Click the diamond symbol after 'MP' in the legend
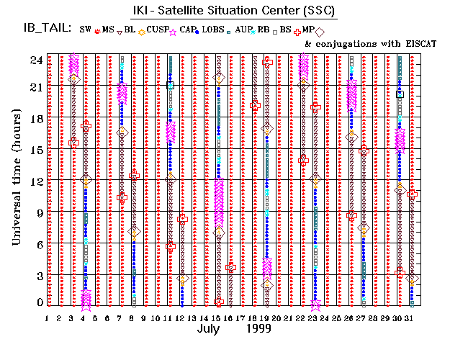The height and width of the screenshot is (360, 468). click(x=320, y=31)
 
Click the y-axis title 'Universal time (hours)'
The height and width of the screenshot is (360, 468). click(x=15, y=179)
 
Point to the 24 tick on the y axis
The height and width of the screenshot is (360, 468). click(x=33, y=60)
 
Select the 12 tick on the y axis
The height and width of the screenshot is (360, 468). click(x=33, y=181)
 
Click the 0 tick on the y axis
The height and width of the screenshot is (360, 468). click(x=36, y=302)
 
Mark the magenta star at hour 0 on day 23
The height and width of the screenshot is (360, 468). click(x=315, y=305)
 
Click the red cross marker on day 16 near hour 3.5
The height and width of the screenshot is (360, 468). click(x=230, y=267)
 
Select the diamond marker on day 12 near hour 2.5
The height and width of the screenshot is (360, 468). click(x=183, y=279)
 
